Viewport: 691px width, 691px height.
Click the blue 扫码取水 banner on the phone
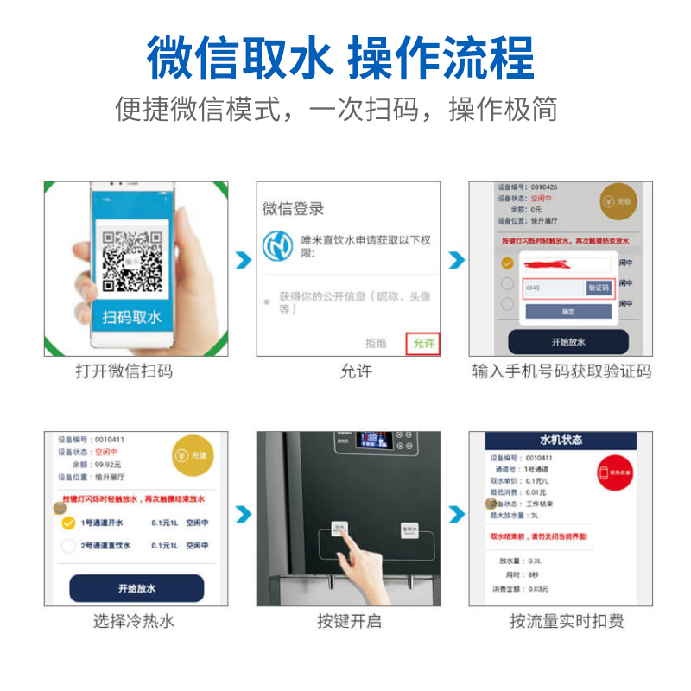coord(132,317)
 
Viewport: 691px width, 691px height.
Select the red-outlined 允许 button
coord(424,343)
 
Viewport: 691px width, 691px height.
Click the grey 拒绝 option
coord(376,343)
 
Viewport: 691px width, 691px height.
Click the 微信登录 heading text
coord(294,208)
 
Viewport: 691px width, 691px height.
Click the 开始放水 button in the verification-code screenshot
coord(567,342)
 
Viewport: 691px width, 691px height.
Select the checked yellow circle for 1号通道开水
coord(68,523)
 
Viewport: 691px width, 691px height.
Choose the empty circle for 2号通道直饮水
coord(68,546)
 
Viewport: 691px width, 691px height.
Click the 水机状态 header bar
coord(561,440)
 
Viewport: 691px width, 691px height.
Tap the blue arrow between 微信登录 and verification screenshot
coord(457,260)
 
